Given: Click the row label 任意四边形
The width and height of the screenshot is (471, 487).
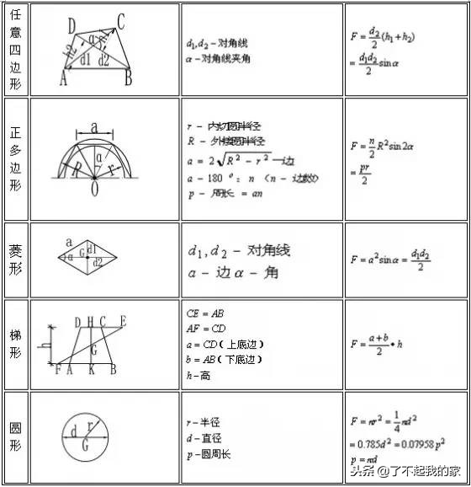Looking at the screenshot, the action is point(14,49).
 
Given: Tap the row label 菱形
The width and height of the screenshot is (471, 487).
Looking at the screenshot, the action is point(14,260).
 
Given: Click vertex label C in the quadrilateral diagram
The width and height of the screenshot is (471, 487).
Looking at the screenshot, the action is point(121,23).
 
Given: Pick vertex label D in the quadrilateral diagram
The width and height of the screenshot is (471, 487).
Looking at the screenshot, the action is point(71,23).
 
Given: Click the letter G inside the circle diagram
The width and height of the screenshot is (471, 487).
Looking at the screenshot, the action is point(86,446).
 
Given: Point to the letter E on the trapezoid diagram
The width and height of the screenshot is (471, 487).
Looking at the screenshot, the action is point(123,321).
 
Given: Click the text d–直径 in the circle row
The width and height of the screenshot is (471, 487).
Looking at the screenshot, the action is point(204,438).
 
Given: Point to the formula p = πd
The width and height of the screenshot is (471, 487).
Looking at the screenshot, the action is point(365,460).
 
